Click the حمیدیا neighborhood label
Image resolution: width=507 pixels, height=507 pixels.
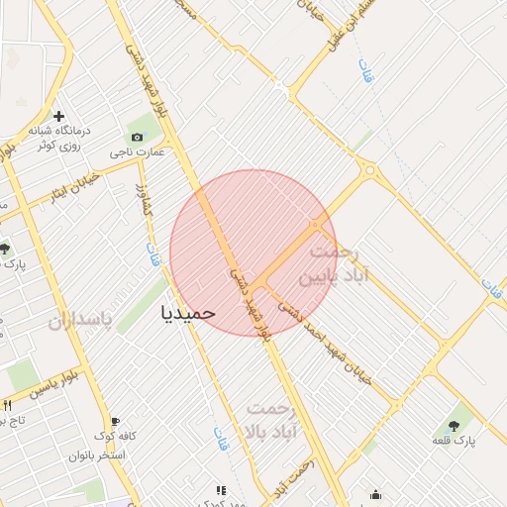pos(187,312)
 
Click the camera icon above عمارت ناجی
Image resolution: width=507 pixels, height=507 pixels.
pos(136,137)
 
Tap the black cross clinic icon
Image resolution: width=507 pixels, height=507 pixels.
pos(58,117)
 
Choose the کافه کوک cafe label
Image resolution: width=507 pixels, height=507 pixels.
pos(115,437)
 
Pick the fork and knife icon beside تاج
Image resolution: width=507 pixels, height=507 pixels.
pos(8,405)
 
